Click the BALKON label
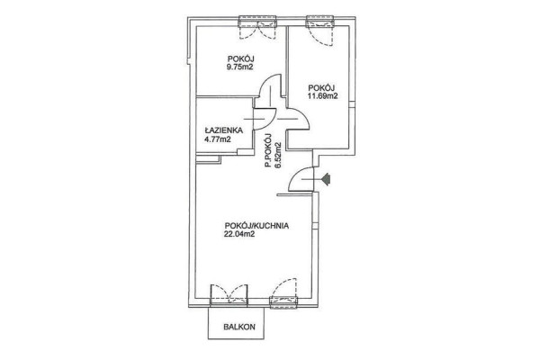click(x=239, y=327)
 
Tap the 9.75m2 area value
click(x=239, y=67)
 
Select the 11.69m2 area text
click(x=322, y=96)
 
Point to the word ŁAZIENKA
click(x=224, y=130)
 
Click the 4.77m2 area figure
click(x=218, y=139)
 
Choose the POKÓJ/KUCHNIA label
click(x=256, y=226)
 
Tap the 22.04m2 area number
click(x=239, y=235)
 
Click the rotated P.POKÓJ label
click(x=268, y=150)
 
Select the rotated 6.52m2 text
click(x=278, y=155)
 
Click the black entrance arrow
click(x=326, y=179)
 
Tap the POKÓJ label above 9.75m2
click(x=241, y=58)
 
